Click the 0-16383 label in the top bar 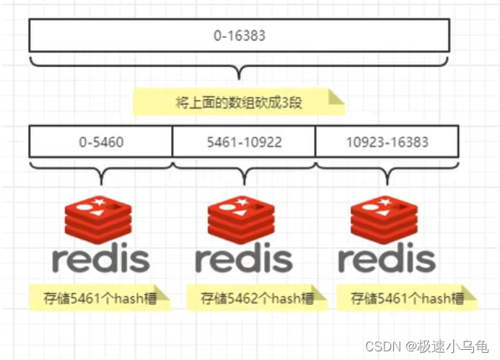(x=239, y=35)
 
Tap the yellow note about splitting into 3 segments (x=238, y=102)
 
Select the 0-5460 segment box (x=101, y=141)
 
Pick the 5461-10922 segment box (x=244, y=141)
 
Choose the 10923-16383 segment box (x=387, y=141)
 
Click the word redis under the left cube (x=100, y=258)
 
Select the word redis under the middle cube (x=244, y=258)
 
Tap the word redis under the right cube (x=387, y=258)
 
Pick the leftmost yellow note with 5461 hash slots (x=100, y=297)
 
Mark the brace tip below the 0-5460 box (x=101, y=183)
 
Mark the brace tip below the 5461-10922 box (x=244, y=183)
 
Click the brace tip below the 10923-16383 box (x=387, y=183)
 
